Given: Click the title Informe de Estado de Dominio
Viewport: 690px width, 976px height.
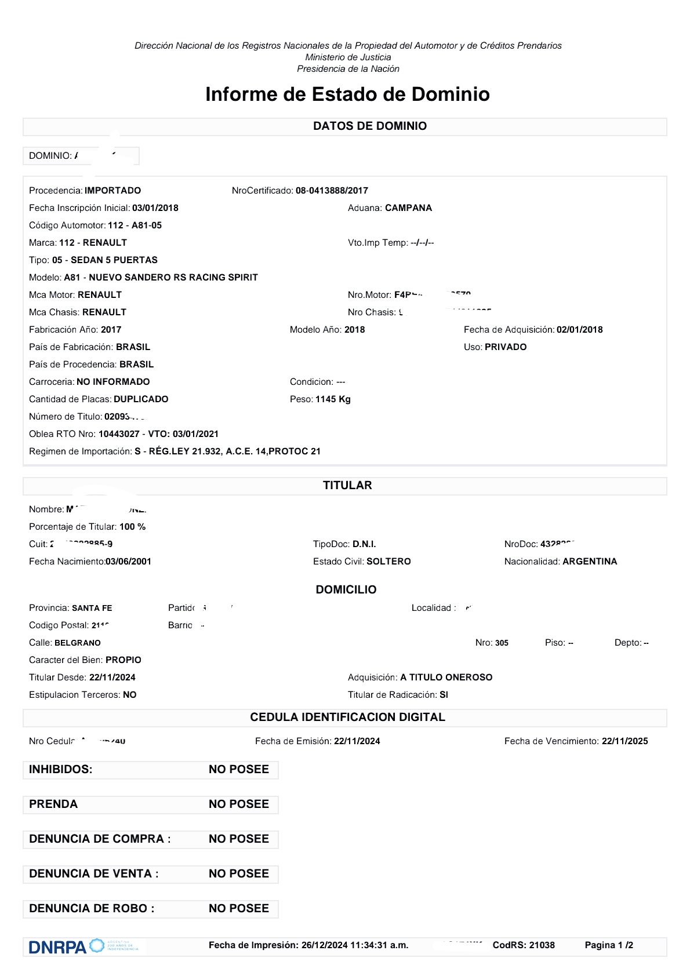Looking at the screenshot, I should (347, 94).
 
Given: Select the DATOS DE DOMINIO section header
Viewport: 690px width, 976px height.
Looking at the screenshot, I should (369, 126).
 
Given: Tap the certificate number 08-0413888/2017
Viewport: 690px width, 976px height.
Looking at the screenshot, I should (332, 191).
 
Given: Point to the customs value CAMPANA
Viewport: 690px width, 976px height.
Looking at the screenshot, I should (408, 208).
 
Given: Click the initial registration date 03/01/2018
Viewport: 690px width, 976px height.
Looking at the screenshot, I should (155, 208).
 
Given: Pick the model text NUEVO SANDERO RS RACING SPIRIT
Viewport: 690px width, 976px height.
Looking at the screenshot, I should (173, 278).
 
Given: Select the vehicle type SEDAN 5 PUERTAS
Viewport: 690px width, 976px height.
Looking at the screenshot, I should (114, 260).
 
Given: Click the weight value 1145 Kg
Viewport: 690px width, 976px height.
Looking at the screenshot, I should (333, 399).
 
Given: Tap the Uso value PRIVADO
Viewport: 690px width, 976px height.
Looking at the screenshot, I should (506, 347).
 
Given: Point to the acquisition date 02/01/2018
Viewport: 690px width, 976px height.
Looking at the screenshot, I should (579, 330).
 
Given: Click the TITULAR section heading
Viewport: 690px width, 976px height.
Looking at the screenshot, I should (347, 486).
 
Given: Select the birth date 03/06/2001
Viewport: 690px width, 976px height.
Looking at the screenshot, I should (128, 562).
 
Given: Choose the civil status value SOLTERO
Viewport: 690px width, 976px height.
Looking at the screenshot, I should (388, 562).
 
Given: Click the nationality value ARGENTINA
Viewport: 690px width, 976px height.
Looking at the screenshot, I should (590, 562).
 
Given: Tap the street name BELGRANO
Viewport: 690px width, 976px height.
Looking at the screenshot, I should (78, 643).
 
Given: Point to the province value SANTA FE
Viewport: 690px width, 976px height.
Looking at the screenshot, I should (92, 608).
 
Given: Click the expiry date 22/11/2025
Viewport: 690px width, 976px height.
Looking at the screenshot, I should (624, 741).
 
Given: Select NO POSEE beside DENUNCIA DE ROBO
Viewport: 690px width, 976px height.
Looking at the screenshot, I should (239, 908).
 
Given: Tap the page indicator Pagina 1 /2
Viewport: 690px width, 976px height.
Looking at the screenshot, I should (609, 945).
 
